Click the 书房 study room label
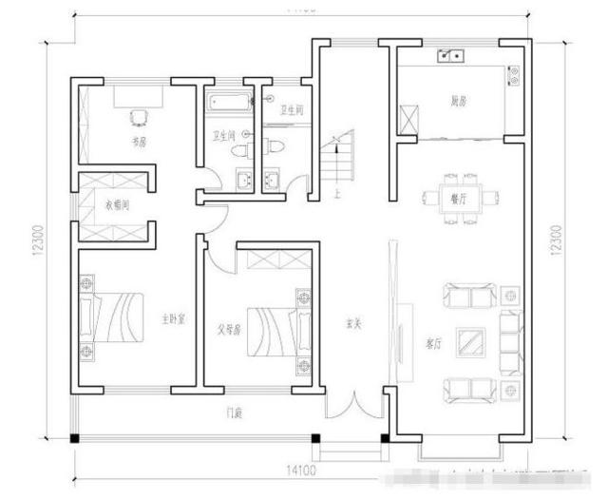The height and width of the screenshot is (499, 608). [x=139, y=142]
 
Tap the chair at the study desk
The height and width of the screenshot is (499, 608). [x=139, y=116]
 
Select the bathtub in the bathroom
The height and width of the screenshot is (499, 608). [x=225, y=101]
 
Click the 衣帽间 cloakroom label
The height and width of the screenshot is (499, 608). [x=117, y=203]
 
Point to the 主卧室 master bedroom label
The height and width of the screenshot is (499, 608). [x=171, y=318]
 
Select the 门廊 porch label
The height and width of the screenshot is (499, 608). [x=232, y=413]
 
